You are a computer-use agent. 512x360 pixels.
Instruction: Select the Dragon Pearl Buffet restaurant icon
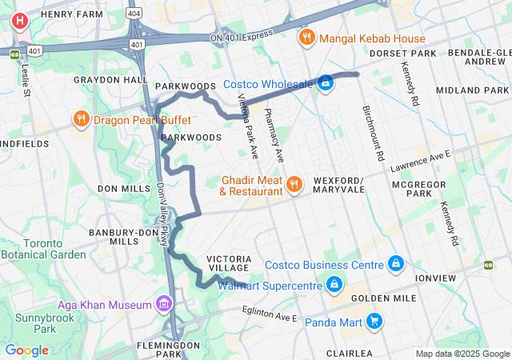coord(81,120)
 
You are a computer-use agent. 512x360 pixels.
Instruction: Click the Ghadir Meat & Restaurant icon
coord(294,185)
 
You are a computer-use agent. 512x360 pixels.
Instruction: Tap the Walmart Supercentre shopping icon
coord(334,284)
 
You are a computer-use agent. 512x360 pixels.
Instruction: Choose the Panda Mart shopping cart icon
coord(374,322)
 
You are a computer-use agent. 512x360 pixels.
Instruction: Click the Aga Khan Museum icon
coord(164,304)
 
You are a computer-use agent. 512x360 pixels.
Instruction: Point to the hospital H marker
coord(20,22)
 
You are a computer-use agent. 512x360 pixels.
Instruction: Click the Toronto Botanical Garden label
coord(42,249)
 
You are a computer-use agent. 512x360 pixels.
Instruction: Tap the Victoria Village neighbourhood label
coord(230,264)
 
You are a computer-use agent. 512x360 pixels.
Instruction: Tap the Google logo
coord(26,350)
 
